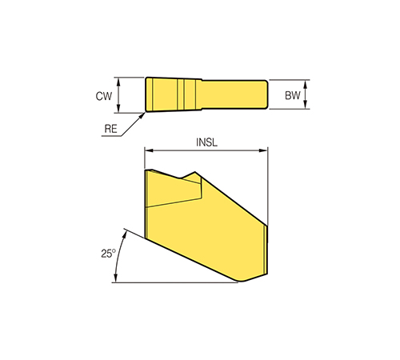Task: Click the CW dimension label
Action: tap(104, 96)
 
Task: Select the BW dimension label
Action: tap(293, 95)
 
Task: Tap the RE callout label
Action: tap(110, 129)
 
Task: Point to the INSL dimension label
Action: tap(206, 142)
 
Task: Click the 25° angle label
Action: tap(108, 254)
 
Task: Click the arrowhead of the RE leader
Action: tap(143, 115)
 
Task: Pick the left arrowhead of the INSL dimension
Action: tap(148, 150)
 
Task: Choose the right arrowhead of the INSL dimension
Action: tap(263, 150)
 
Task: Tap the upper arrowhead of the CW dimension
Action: tap(118, 82)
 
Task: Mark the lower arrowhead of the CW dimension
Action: tap(118, 109)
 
